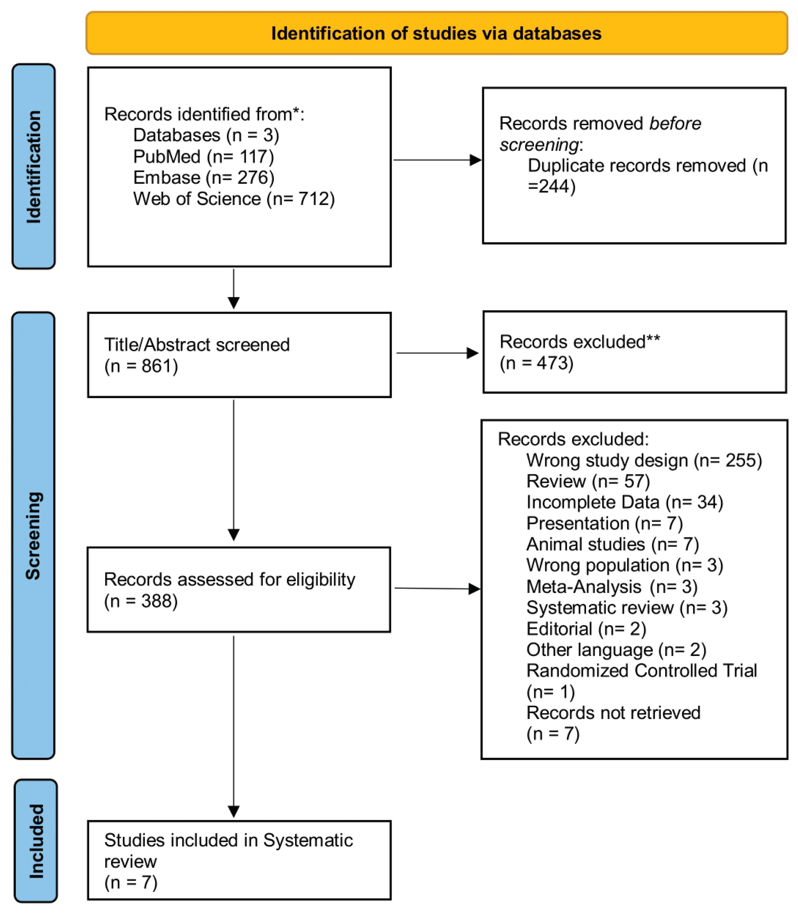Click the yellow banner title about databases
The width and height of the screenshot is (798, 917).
click(x=436, y=33)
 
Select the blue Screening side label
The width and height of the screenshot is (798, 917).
click(x=33, y=536)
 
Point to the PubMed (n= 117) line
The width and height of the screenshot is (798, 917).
click(x=203, y=157)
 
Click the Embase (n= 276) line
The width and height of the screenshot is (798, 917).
click(x=203, y=178)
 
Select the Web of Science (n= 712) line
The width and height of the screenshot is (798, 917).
click(x=234, y=199)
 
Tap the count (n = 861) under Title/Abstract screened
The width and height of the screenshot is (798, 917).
click(x=141, y=366)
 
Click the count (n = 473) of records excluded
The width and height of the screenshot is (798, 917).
click(x=536, y=363)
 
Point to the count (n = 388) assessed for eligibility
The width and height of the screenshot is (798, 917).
click(x=141, y=601)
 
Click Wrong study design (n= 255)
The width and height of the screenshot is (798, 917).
click(x=644, y=460)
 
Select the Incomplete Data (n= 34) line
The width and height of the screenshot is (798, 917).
click(x=624, y=502)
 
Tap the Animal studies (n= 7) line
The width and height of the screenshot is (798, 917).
click(x=612, y=544)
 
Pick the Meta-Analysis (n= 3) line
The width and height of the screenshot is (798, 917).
click(x=611, y=587)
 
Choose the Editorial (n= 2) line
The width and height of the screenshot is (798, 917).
click(x=586, y=629)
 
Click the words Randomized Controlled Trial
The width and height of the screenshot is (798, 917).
click(x=641, y=671)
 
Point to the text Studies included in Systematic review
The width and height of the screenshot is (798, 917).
click(x=228, y=851)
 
